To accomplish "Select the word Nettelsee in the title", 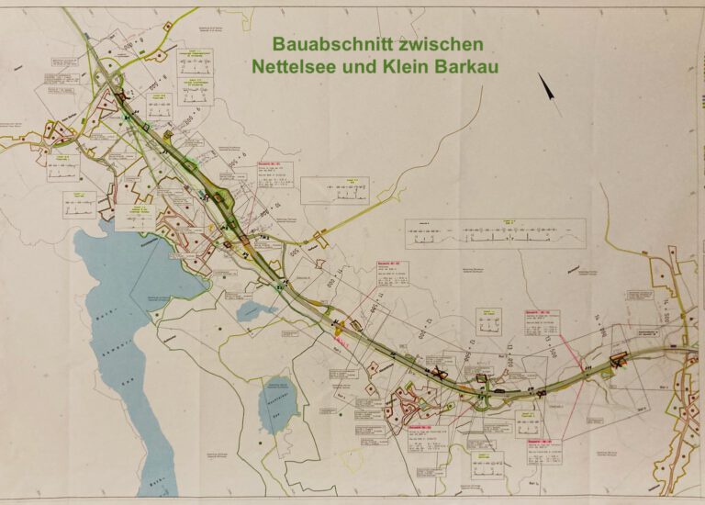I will click(x=296, y=67).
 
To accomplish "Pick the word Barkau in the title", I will click(x=469, y=67).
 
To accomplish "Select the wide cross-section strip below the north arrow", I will click(x=495, y=234).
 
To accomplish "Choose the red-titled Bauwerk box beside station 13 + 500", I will click(x=542, y=322).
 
